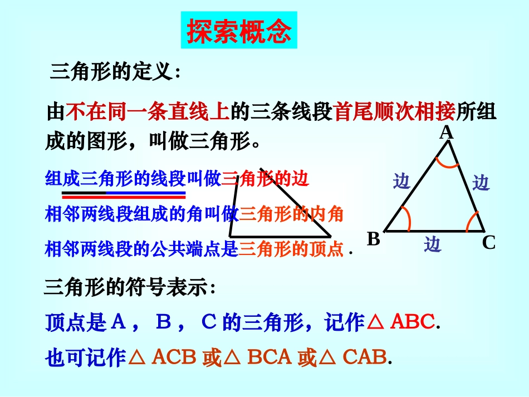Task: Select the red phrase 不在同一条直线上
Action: [148, 112]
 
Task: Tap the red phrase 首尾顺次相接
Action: [395, 112]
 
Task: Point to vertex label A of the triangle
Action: [447, 133]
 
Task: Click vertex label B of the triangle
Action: [374, 239]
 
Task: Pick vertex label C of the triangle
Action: [489, 243]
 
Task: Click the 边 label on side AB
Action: [402, 182]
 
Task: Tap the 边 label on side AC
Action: [481, 183]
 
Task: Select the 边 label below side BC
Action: [433, 244]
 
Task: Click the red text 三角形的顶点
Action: [291, 249]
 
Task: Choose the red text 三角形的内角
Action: [291, 214]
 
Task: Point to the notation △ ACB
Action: [163, 357]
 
